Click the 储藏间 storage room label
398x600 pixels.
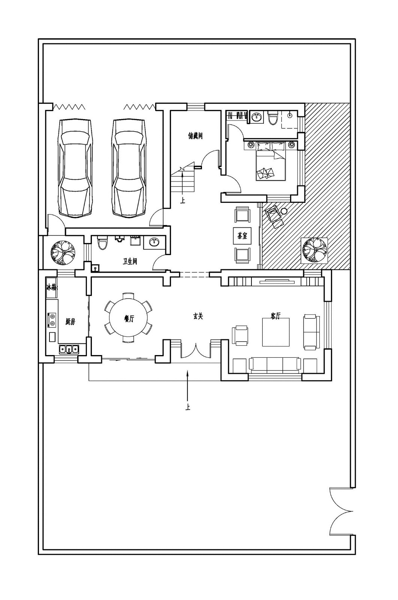195,135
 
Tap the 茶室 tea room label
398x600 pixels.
242,236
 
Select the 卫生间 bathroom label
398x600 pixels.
130,261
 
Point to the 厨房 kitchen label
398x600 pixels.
70,321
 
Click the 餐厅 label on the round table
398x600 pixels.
129,318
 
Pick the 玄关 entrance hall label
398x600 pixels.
198,316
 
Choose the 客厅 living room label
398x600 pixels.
275,316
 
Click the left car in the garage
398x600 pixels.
75,168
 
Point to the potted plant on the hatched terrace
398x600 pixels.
315,250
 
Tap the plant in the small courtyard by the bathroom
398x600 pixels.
63,253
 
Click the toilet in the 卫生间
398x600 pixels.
102,243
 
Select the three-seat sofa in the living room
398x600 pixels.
275,365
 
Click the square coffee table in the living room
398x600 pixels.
276,332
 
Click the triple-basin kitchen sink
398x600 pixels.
69,349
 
